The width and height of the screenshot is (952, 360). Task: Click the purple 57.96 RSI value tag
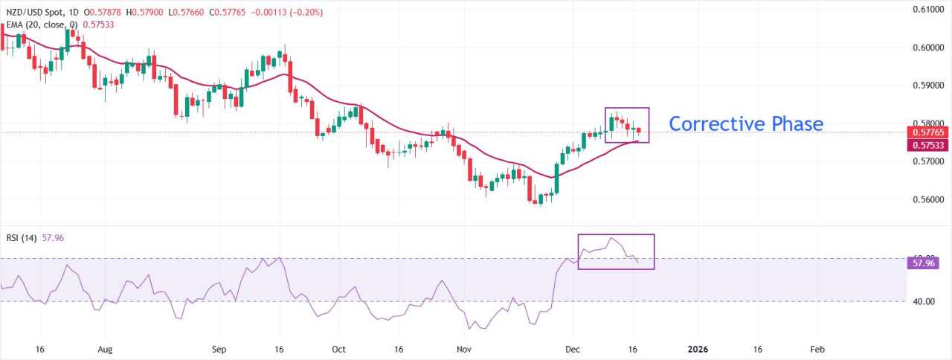[x=922, y=263]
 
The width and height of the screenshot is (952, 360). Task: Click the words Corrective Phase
[x=746, y=123]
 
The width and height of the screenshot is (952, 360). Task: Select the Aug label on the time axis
[x=105, y=349]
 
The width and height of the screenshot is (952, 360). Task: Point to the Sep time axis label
[x=219, y=349]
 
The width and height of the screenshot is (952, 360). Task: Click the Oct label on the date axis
[x=338, y=349]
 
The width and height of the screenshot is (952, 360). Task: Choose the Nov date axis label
[x=463, y=349]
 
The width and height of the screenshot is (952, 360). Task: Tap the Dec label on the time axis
[x=572, y=349]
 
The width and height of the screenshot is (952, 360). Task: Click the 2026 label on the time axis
[x=698, y=349]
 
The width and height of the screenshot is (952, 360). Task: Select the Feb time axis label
[x=817, y=349]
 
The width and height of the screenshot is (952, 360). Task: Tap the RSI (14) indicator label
[x=19, y=238]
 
